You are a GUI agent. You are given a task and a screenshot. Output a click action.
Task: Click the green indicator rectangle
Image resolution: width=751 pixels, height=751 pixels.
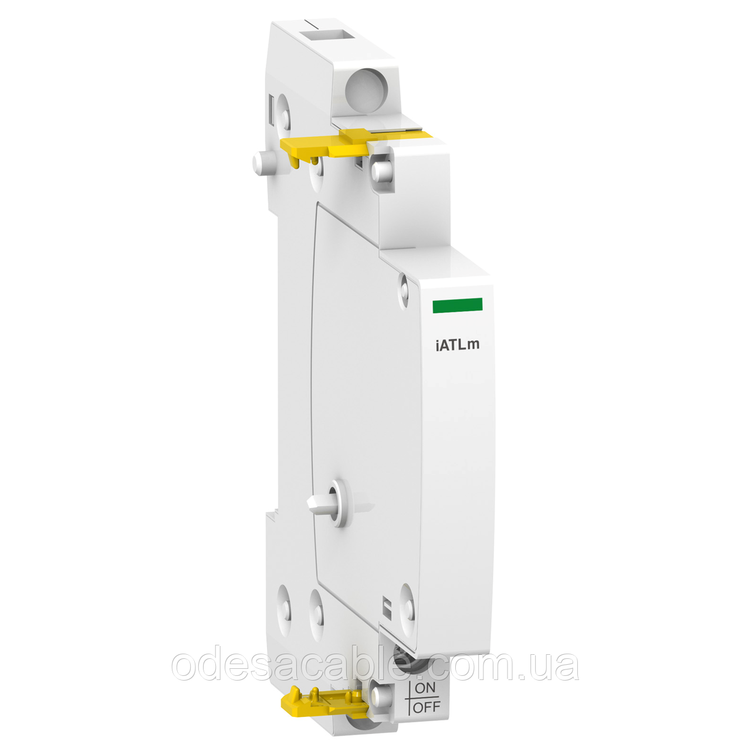pos(457,305)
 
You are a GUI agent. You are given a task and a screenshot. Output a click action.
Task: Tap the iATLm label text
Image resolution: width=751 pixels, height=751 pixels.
pos(457,344)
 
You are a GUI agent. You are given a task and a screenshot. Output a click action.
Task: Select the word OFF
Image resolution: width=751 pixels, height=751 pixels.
pos(426,707)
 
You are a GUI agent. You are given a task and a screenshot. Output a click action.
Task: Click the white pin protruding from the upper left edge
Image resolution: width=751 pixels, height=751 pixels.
pos(262,162)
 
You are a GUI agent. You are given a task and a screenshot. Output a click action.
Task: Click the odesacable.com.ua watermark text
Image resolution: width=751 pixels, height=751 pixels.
pos(375,666)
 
